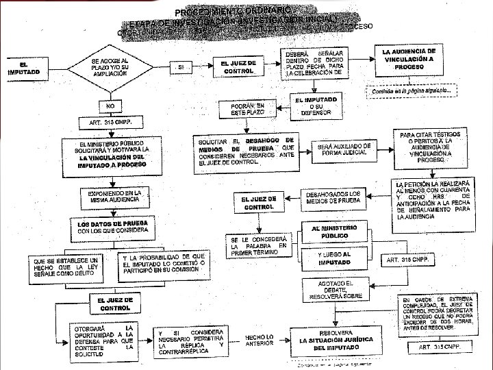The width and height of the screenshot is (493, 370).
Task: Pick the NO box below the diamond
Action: coord(110,107)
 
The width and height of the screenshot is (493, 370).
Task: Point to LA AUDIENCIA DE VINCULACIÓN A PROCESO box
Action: coord(409,60)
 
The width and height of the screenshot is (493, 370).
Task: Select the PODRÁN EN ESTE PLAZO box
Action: coord(246,109)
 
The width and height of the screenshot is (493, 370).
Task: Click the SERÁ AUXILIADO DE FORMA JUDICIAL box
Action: coord(346,149)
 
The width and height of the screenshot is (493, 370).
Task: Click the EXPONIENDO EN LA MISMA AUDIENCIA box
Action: coord(114,197)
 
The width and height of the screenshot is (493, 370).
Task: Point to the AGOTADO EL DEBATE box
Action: coord(334,290)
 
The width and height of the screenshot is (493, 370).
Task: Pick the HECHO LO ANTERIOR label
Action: coord(261,340)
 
